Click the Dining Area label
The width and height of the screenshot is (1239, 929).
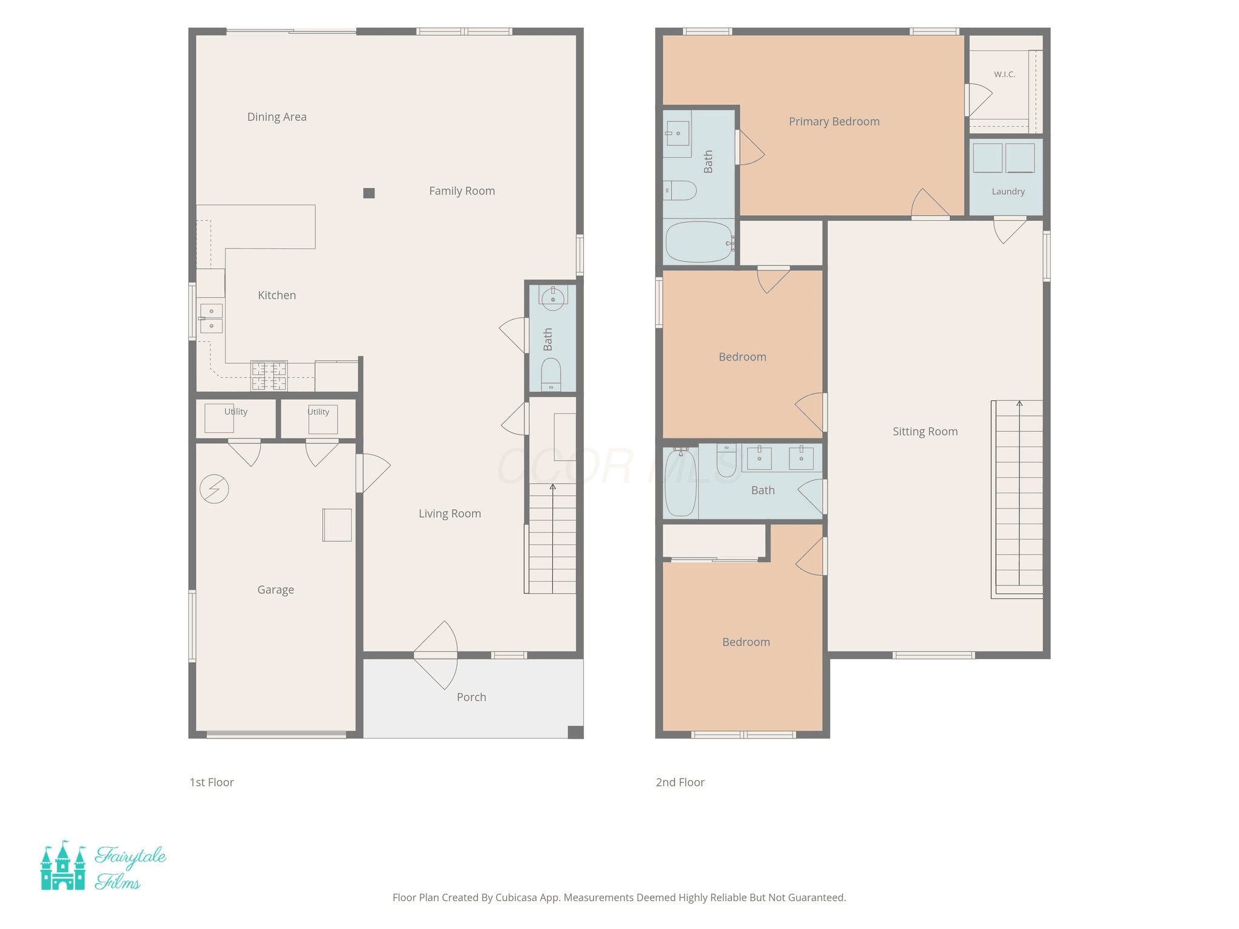276,117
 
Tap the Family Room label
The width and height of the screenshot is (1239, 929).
462,191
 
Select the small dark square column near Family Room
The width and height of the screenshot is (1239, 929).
369,193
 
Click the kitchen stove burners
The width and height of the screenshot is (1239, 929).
269,376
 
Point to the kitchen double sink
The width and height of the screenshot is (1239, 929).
211,318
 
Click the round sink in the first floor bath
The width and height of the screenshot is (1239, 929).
552,298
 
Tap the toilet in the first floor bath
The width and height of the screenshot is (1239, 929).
551,374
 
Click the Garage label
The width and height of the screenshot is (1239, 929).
276,590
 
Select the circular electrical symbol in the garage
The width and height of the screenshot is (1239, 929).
214,489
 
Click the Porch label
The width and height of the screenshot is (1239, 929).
471,697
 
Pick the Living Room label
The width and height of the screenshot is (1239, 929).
450,513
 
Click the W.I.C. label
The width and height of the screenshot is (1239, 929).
1004,74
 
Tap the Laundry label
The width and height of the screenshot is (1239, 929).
1008,192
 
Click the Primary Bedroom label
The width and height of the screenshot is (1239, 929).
834,122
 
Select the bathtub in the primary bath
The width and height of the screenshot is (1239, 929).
699,242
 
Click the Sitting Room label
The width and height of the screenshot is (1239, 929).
925,431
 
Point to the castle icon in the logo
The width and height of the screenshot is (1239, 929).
63,865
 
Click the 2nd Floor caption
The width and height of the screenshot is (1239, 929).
680,782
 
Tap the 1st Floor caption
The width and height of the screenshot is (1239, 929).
211,782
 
